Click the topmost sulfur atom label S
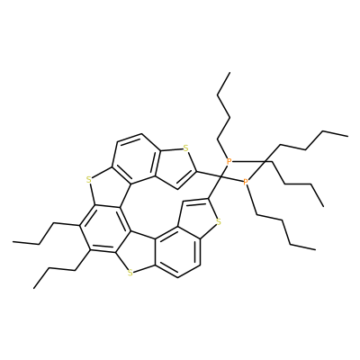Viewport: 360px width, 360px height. [186, 148]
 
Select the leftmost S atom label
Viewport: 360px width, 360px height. [88, 180]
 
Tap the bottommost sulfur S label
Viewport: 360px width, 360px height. [130, 273]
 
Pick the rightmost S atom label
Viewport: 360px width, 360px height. [219, 222]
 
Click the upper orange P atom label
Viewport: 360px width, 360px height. [229, 161]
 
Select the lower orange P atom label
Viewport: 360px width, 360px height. [246, 182]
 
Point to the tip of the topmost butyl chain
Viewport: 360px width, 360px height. [229, 72]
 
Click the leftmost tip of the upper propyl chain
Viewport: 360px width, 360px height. [13, 241]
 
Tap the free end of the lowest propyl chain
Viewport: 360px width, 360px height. [34, 289]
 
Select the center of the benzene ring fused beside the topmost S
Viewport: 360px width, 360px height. [137, 159]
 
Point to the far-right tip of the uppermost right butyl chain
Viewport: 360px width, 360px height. [348, 136]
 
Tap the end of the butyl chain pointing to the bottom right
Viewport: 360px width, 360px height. [316, 249]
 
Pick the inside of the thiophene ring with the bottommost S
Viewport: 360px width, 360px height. [137, 254]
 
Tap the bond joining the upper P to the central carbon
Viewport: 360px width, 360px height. [225, 169]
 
